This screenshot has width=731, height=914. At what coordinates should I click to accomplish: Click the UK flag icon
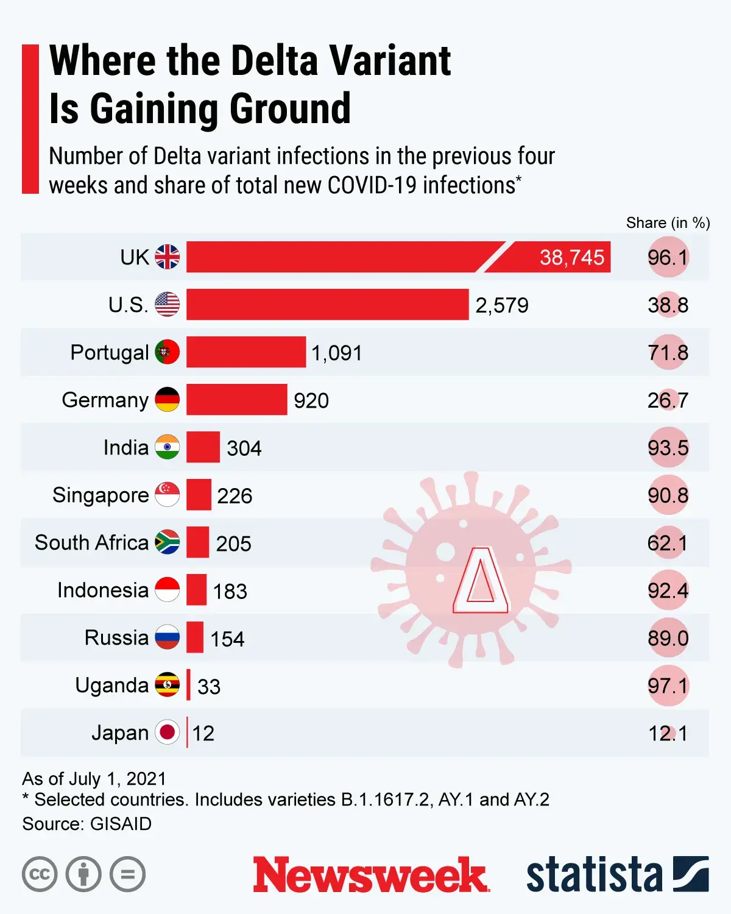(x=167, y=257)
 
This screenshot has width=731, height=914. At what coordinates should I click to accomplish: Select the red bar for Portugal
(x=246, y=352)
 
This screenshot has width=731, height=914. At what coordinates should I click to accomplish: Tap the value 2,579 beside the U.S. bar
(x=502, y=305)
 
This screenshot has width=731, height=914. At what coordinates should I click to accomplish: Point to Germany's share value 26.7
(x=668, y=400)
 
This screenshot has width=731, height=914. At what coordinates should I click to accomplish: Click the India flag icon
(x=167, y=447)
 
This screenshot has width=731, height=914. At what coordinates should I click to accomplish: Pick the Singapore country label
(x=101, y=495)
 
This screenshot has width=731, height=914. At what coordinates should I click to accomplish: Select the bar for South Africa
(x=198, y=542)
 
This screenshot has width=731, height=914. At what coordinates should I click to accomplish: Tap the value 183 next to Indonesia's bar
(x=230, y=591)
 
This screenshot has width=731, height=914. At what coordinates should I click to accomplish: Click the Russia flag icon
(x=167, y=637)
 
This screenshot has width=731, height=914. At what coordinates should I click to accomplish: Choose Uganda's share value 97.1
(x=668, y=686)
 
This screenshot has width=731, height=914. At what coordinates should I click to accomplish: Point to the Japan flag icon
(x=167, y=732)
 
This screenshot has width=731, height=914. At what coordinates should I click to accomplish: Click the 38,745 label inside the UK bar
(x=571, y=258)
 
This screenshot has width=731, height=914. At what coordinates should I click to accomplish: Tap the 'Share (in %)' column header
(x=668, y=223)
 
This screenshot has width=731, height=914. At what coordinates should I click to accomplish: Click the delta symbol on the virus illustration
(x=481, y=581)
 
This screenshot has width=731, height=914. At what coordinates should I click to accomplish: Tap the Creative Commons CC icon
(x=40, y=874)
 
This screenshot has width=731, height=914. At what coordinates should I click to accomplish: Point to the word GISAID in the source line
(x=121, y=824)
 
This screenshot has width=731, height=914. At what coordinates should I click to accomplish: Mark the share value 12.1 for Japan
(x=668, y=733)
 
